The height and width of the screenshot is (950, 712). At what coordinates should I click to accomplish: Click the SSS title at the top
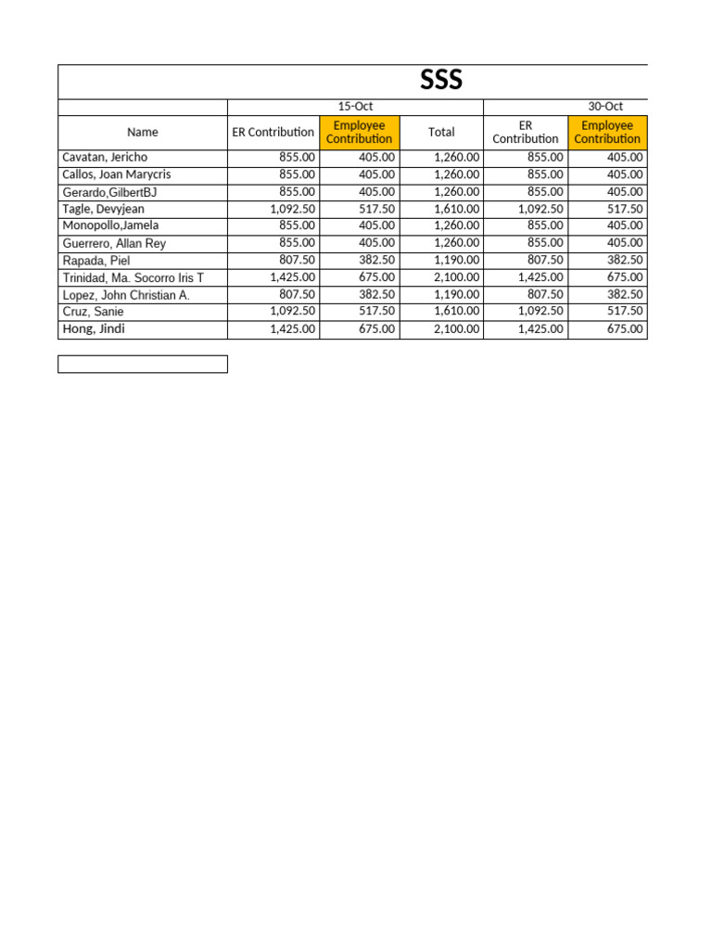click(x=441, y=82)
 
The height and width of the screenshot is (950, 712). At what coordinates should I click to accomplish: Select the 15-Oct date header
click(x=355, y=107)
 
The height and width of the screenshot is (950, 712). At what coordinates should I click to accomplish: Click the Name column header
click(x=143, y=132)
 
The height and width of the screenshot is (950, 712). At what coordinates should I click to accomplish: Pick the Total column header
click(x=441, y=132)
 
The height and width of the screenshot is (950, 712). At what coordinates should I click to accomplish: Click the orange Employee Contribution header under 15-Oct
click(x=360, y=132)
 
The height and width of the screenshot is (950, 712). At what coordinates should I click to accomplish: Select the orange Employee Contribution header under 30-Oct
click(x=607, y=132)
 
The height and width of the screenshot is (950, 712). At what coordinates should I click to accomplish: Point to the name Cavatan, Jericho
click(x=105, y=158)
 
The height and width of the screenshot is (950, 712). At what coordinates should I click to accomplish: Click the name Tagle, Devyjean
click(x=103, y=209)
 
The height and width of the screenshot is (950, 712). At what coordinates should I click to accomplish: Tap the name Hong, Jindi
click(x=94, y=328)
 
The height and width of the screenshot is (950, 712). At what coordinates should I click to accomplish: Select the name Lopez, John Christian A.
click(x=126, y=295)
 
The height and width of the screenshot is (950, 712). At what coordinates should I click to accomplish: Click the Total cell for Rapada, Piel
click(x=457, y=261)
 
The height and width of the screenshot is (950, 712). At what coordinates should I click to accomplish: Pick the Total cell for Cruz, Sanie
click(x=457, y=312)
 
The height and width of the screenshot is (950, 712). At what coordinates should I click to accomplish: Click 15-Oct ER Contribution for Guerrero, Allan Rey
click(x=297, y=243)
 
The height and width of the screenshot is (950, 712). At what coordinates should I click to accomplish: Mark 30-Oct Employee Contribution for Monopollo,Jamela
click(x=625, y=225)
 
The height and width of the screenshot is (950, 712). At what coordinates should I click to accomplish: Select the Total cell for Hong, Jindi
click(x=457, y=329)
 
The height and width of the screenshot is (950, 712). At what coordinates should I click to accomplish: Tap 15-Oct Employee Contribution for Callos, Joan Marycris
click(x=376, y=174)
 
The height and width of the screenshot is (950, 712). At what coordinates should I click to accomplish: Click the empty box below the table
click(x=143, y=364)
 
